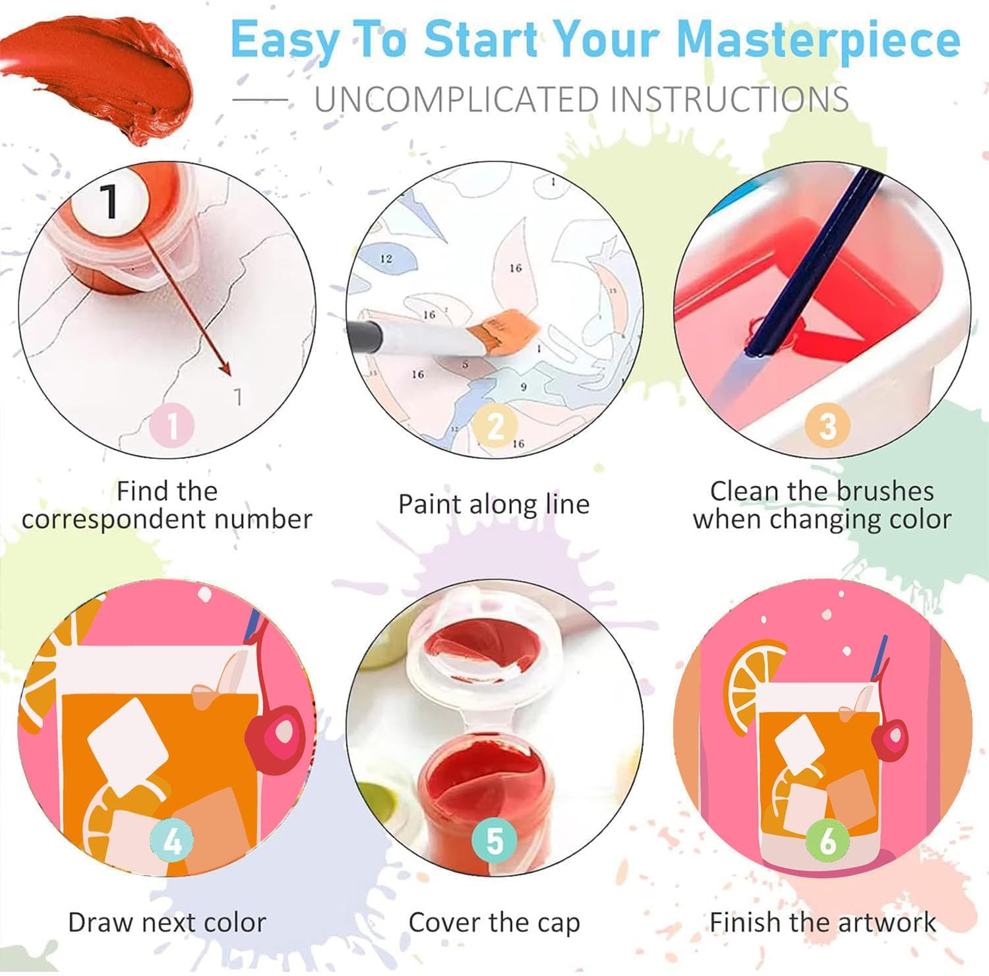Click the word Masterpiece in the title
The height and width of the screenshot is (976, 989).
tap(818, 42)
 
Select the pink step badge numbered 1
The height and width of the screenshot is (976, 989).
tap(173, 425)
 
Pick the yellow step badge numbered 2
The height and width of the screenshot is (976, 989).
tap(494, 425)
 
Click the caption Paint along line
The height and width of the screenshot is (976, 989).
tap(494, 505)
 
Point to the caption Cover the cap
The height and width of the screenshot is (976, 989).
tap(494, 923)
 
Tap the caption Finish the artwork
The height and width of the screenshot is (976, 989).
tap(823, 922)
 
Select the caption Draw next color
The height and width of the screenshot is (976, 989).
tap(167, 922)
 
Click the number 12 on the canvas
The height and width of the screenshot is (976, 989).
tap(386, 259)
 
